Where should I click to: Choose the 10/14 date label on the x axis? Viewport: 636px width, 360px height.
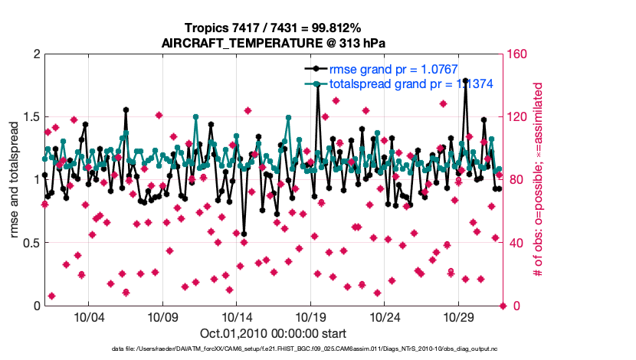(237, 317)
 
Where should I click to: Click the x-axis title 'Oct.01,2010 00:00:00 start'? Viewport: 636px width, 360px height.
(274, 333)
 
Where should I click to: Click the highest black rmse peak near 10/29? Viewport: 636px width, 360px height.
(465, 101)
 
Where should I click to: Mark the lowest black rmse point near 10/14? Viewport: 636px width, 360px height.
(244, 234)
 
